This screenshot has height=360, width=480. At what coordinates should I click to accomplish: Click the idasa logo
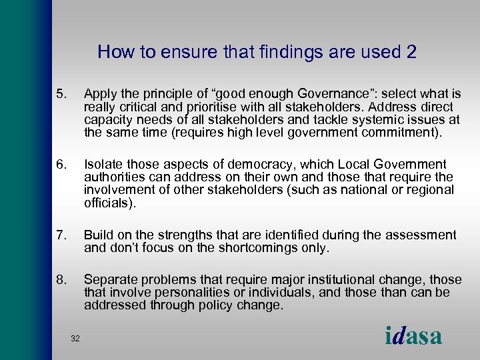click(x=413, y=335)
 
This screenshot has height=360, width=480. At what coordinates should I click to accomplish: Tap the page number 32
click(x=75, y=339)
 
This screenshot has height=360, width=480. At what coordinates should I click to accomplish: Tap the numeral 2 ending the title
click(x=411, y=52)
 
